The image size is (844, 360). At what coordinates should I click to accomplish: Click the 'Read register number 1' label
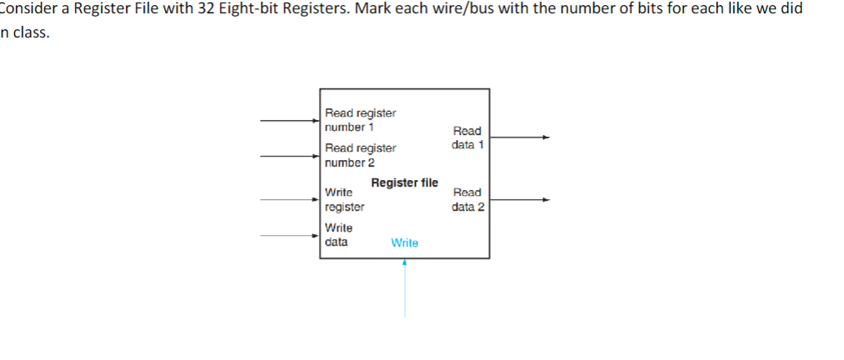click(x=360, y=120)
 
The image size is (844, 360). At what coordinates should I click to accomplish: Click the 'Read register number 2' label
click(x=360, y=155)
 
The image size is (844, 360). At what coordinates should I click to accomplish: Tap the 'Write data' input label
click(x=338, y=235)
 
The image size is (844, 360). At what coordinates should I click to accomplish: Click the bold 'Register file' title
click(x=404, y=183)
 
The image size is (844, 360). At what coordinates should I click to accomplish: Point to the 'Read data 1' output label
click(x=467, y=137)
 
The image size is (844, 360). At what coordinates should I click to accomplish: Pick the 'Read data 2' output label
click(x=467, y=200)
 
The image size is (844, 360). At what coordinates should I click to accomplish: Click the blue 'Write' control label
click(x=404, y=243)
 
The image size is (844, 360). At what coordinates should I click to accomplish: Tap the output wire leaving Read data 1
click(x=517, y=137)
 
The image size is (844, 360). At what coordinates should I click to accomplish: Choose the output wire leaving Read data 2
click(x=517, y=200)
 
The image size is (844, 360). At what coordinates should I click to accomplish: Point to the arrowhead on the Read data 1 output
click(x=546, y=137)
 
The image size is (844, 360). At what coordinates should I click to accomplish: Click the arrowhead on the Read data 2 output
click(x=546, y=200)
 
